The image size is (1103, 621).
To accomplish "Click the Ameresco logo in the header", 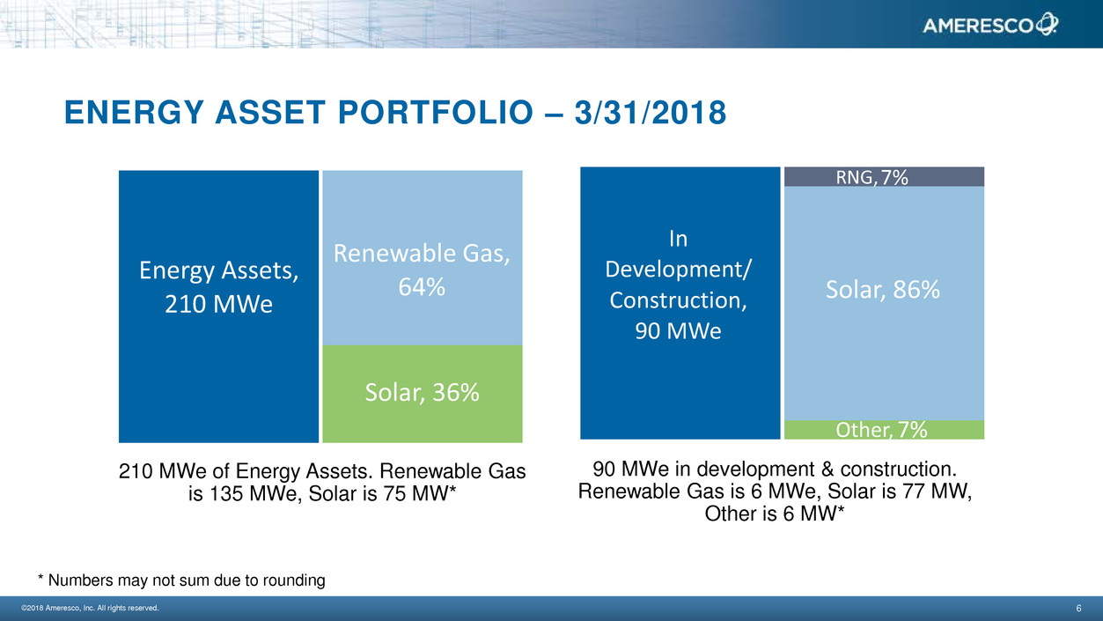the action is coord(990,25).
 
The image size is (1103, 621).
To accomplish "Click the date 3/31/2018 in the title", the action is coord(650,113).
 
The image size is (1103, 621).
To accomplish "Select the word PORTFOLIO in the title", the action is coord(435,113).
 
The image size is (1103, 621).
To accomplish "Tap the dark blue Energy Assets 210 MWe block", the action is coord(218,307).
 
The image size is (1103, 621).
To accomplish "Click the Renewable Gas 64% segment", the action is coord(423,258).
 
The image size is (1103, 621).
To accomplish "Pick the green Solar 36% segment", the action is coord(423,394).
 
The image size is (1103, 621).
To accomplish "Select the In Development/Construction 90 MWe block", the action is coord(680,303).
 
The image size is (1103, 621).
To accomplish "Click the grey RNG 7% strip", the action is coord(885,176).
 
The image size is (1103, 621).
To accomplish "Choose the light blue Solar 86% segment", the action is coord(885,303).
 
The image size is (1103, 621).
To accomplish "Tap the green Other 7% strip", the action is coord(885,430).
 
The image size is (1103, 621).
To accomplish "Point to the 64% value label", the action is coord(422,287).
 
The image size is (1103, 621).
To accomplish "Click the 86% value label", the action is coord(916,289).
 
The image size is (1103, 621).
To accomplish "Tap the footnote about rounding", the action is coord(181,580).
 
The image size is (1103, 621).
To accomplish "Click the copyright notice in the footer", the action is coord(90,608).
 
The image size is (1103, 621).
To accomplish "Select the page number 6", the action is coord(1078,608).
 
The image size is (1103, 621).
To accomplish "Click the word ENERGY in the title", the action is coord(134,113).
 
